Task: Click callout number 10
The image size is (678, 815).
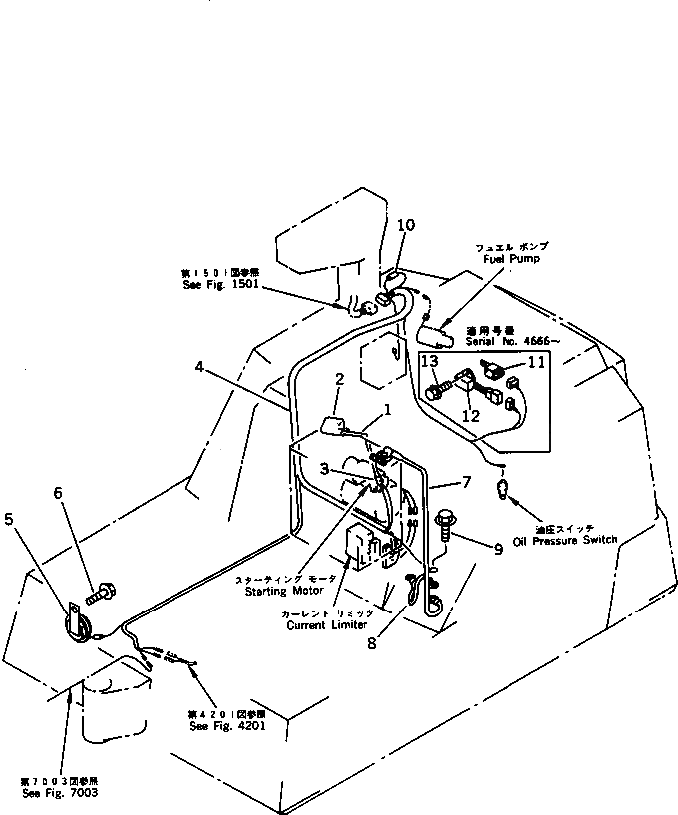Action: (405, 226)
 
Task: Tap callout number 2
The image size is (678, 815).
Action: (339, 379)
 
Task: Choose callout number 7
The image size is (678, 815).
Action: (467, 482)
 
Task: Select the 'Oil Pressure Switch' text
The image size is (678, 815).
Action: (564, 540)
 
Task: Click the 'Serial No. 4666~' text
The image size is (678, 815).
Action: (512, 340)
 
